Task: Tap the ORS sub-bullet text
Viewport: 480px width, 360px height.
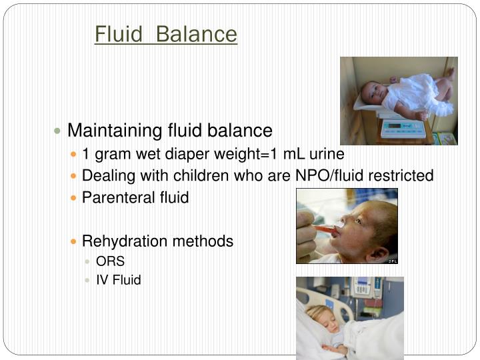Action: point(110,261)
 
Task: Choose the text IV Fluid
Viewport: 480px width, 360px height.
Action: point(119,280)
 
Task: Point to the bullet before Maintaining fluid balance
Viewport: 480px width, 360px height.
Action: point(58,131)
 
